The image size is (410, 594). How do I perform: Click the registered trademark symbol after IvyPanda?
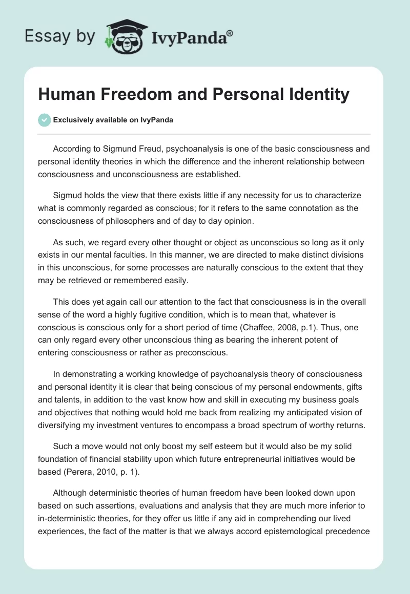click(230, 33)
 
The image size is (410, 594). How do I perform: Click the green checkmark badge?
click(44, 120)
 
